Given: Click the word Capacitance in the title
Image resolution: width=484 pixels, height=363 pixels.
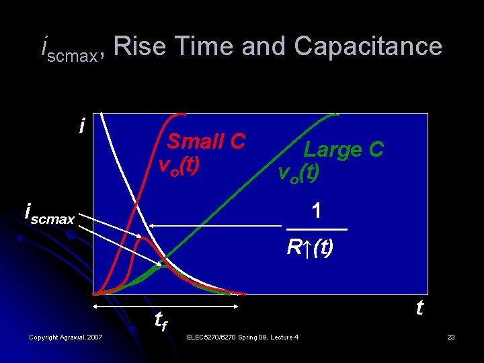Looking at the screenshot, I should pyautogui.click(x=368, y=46).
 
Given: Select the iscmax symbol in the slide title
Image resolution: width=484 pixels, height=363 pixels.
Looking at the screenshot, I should pyautogui.click(x=69, y=48).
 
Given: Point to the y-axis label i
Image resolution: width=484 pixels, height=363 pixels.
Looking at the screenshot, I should pyautogui.click(x=81, y=126).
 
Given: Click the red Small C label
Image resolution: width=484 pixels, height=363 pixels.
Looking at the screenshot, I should pyautogui.click(x=206, y=141).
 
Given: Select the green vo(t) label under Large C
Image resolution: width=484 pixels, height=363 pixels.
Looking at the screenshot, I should pyautogui.click(x=299, y=173).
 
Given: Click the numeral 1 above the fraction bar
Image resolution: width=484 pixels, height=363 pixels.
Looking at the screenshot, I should pyautogui.click(x=316, y=210).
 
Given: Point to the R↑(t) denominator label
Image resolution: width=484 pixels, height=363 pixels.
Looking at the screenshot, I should pyautogui.click(x=309, y=247).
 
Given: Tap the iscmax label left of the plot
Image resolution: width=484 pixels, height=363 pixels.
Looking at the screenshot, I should pyautogui.click(x=49, y=214).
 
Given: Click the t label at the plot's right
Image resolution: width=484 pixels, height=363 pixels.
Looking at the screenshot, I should pyautogui.click(x=419, y=308).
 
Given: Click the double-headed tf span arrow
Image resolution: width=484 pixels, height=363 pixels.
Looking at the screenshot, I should pyautogui.click(x=166, y=307).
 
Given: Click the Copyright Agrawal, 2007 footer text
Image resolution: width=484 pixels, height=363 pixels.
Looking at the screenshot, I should pyautogui.click(x=66, y=336).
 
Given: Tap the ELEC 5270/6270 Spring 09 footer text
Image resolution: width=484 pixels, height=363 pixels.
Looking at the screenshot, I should pyautogui.click(x=243, y=336).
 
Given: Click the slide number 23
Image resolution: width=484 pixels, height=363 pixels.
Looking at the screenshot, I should pyautogui.click(x=451, y=336).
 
